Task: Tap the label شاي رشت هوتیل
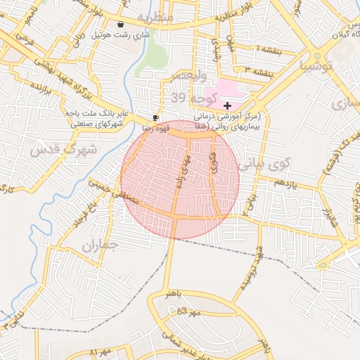point(122,34)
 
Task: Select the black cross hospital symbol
point(226,104)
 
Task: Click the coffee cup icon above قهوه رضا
point(155,117)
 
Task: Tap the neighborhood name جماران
point(98,246)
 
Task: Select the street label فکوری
point(213,162)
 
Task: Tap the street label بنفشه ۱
point(266,50)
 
